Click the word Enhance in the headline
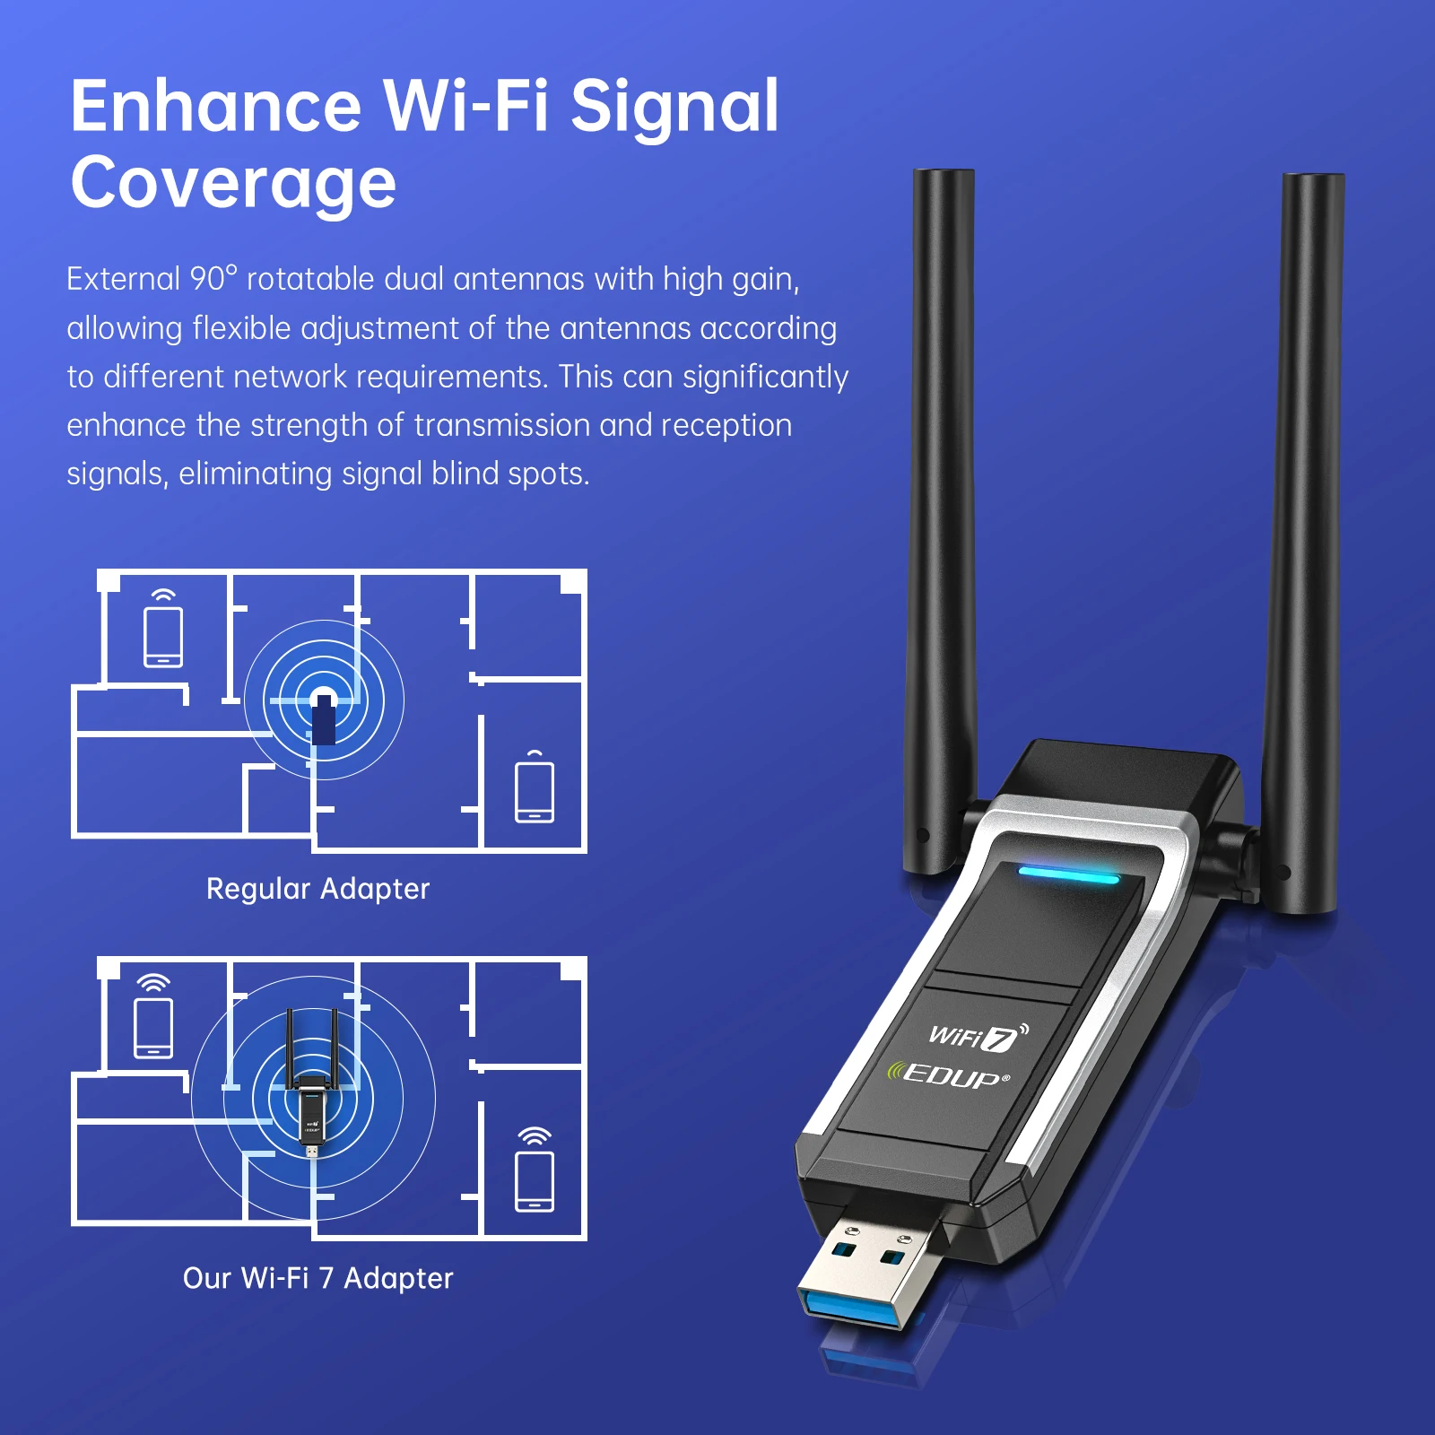coord(215,107)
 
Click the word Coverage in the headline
coord(233,184)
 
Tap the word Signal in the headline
coord(674,107)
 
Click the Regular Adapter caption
coord(317,889)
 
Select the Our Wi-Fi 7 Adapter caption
coord(317,1278)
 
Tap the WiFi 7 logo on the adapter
coord(978,1037)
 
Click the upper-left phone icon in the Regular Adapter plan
coord(163,637)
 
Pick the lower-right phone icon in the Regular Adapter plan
coord(535,791)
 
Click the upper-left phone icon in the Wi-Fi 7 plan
coord(153,1027)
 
